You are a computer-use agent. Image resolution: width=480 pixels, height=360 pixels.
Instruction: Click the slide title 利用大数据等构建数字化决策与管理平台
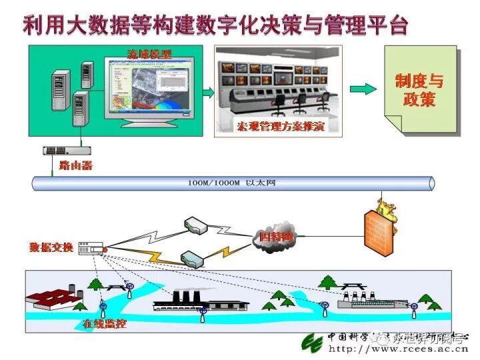(x=215, y=25)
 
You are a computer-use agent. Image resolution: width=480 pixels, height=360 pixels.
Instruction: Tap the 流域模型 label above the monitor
(x=149, y=54)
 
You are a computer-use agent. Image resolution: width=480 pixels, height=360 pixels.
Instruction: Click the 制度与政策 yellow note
(x=419, y=90)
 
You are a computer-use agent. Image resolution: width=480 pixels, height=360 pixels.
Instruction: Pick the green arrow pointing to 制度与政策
(x=363, y=90)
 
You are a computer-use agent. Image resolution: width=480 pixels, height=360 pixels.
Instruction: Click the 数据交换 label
(x=51, y=247)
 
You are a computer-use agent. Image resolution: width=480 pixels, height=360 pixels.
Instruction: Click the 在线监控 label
(x=105, y=325)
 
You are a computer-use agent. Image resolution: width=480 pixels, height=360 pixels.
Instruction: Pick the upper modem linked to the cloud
(x=195, y=225)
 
